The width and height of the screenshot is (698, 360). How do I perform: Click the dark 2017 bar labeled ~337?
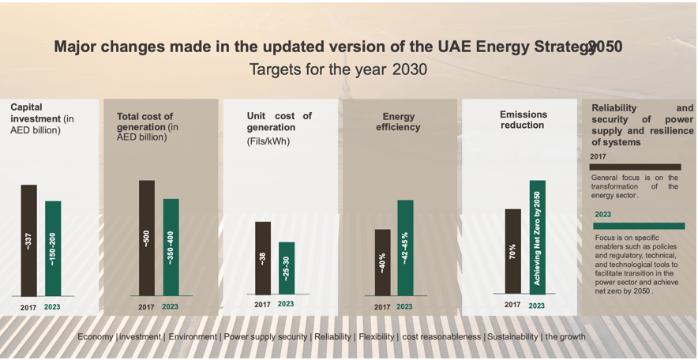pyautogui.click(x=29, y=240)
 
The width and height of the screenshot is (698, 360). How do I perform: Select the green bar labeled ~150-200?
pyautogui.click(x=53, y=248)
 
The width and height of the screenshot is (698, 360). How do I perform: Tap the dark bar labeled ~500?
pyautogui.click(x=147, y=238)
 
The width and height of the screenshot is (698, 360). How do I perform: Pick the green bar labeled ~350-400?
pyautogui.click(x=171, y=247)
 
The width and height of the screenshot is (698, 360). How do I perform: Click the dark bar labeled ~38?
pyautogui.click(x=263, y=258)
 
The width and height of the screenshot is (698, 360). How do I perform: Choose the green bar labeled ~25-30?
pyautogui.click(x=287, y=268)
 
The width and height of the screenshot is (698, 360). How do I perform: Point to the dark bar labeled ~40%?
pyautogui.click(x=382, y=262)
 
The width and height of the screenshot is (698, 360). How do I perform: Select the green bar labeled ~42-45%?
pyautogui.click(x=405, y=247)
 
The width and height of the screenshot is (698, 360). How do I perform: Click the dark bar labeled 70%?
pyautogui.click(x=512, y=251)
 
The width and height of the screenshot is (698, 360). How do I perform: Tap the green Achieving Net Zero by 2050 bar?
pyautogui.click(x=537, y=237)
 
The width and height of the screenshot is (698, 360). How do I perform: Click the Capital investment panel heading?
pyautogui.click(x=36, y=118)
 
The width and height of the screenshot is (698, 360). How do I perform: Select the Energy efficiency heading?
pyautogui.click(x=398, y=122)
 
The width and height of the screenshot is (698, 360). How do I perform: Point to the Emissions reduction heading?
pyautogui.click(x=523, y=119)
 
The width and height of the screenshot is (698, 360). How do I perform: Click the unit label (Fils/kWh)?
pyautogui.click(x=268, y=142)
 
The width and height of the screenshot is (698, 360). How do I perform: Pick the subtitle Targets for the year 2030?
pyautogui.click(x=338, y=69)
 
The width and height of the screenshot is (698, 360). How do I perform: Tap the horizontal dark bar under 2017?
pyautogui.click(x=635, y=167)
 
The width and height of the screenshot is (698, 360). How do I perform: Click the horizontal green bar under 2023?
pyautogui.click(x=640, y=226)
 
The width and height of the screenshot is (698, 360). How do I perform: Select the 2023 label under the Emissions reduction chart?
pyautogui.click(x=536, y=306)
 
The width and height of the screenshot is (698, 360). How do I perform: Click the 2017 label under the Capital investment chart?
pyautogui.click(x=28, y=306)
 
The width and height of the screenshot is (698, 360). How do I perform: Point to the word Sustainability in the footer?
pyautogui.click(x=512, y=337)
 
